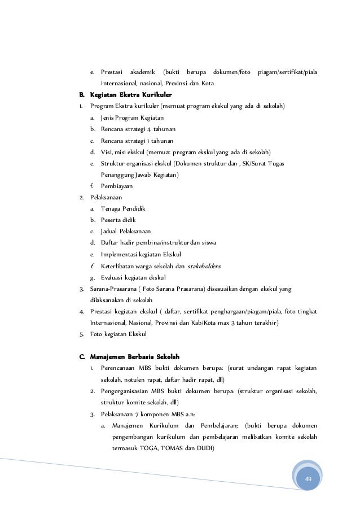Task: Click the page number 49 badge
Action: point(308,479)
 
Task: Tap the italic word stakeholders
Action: point(204,265)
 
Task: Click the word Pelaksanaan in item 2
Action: point(106,197)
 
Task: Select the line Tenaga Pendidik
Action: point(123,208)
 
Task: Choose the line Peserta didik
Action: point(118,220)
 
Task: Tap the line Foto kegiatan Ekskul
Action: point(118,334)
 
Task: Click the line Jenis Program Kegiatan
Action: point(132,117)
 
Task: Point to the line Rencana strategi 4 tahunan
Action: point(134,128)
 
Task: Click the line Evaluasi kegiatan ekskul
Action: point(133,277)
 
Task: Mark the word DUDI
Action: point(212,448)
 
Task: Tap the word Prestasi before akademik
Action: point(112,72)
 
